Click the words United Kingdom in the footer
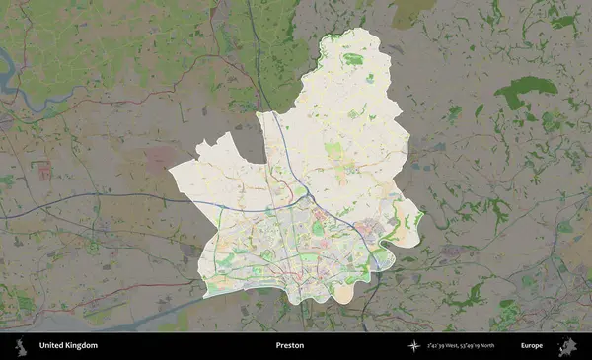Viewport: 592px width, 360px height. point(68,346)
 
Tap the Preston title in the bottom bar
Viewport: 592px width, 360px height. point(290,346)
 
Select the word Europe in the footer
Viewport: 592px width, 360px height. point(532,346)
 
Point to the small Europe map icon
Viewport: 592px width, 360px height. point(567,346)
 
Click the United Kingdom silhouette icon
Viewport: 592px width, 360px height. point(20,346)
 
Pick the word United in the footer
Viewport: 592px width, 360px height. point(50,346)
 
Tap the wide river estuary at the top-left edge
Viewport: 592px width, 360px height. point(10,74)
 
